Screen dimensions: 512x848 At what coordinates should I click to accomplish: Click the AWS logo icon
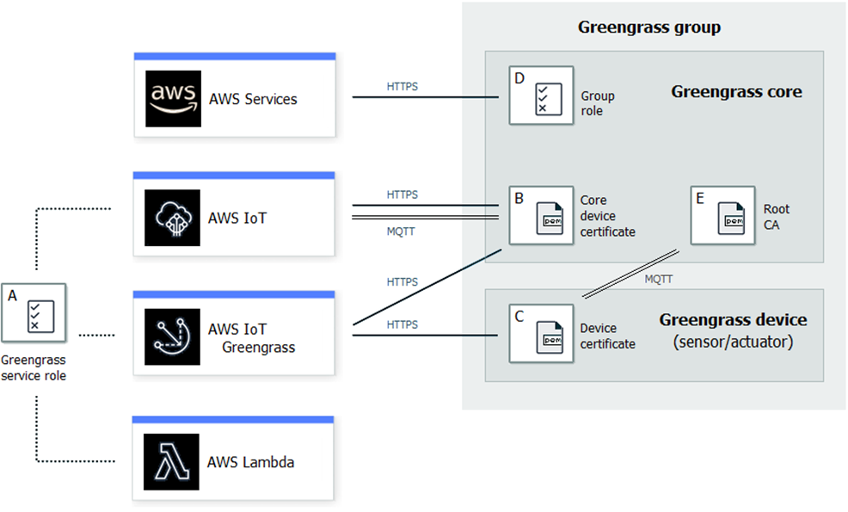[x=173, y=98]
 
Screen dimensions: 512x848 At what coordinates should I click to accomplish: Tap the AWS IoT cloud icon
[x=172, y=218]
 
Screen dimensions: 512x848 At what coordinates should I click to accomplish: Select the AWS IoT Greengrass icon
[x=172, y=336]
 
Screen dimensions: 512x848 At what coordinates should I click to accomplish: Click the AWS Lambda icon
[x=172, y=462]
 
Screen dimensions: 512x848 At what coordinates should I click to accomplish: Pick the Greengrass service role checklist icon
[x=34, y=315]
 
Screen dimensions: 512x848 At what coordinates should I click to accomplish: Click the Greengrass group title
[x=648, y=28]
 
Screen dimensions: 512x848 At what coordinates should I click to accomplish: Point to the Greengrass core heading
[x=736, y=91]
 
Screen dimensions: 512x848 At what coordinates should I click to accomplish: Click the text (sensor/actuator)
[x=733, y=342]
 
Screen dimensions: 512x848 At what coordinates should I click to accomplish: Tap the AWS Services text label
[x=253, y=99]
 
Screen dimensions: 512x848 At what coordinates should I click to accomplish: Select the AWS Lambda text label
[x=250, y=462]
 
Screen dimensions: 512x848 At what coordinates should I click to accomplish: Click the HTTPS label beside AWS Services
[x=402, y=87]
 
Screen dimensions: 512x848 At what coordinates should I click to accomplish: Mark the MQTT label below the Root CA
[x=659, y=279]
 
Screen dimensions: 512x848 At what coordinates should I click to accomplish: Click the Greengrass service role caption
[x=34, y=368]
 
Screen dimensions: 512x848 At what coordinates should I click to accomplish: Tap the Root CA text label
[x=776, y=217]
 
